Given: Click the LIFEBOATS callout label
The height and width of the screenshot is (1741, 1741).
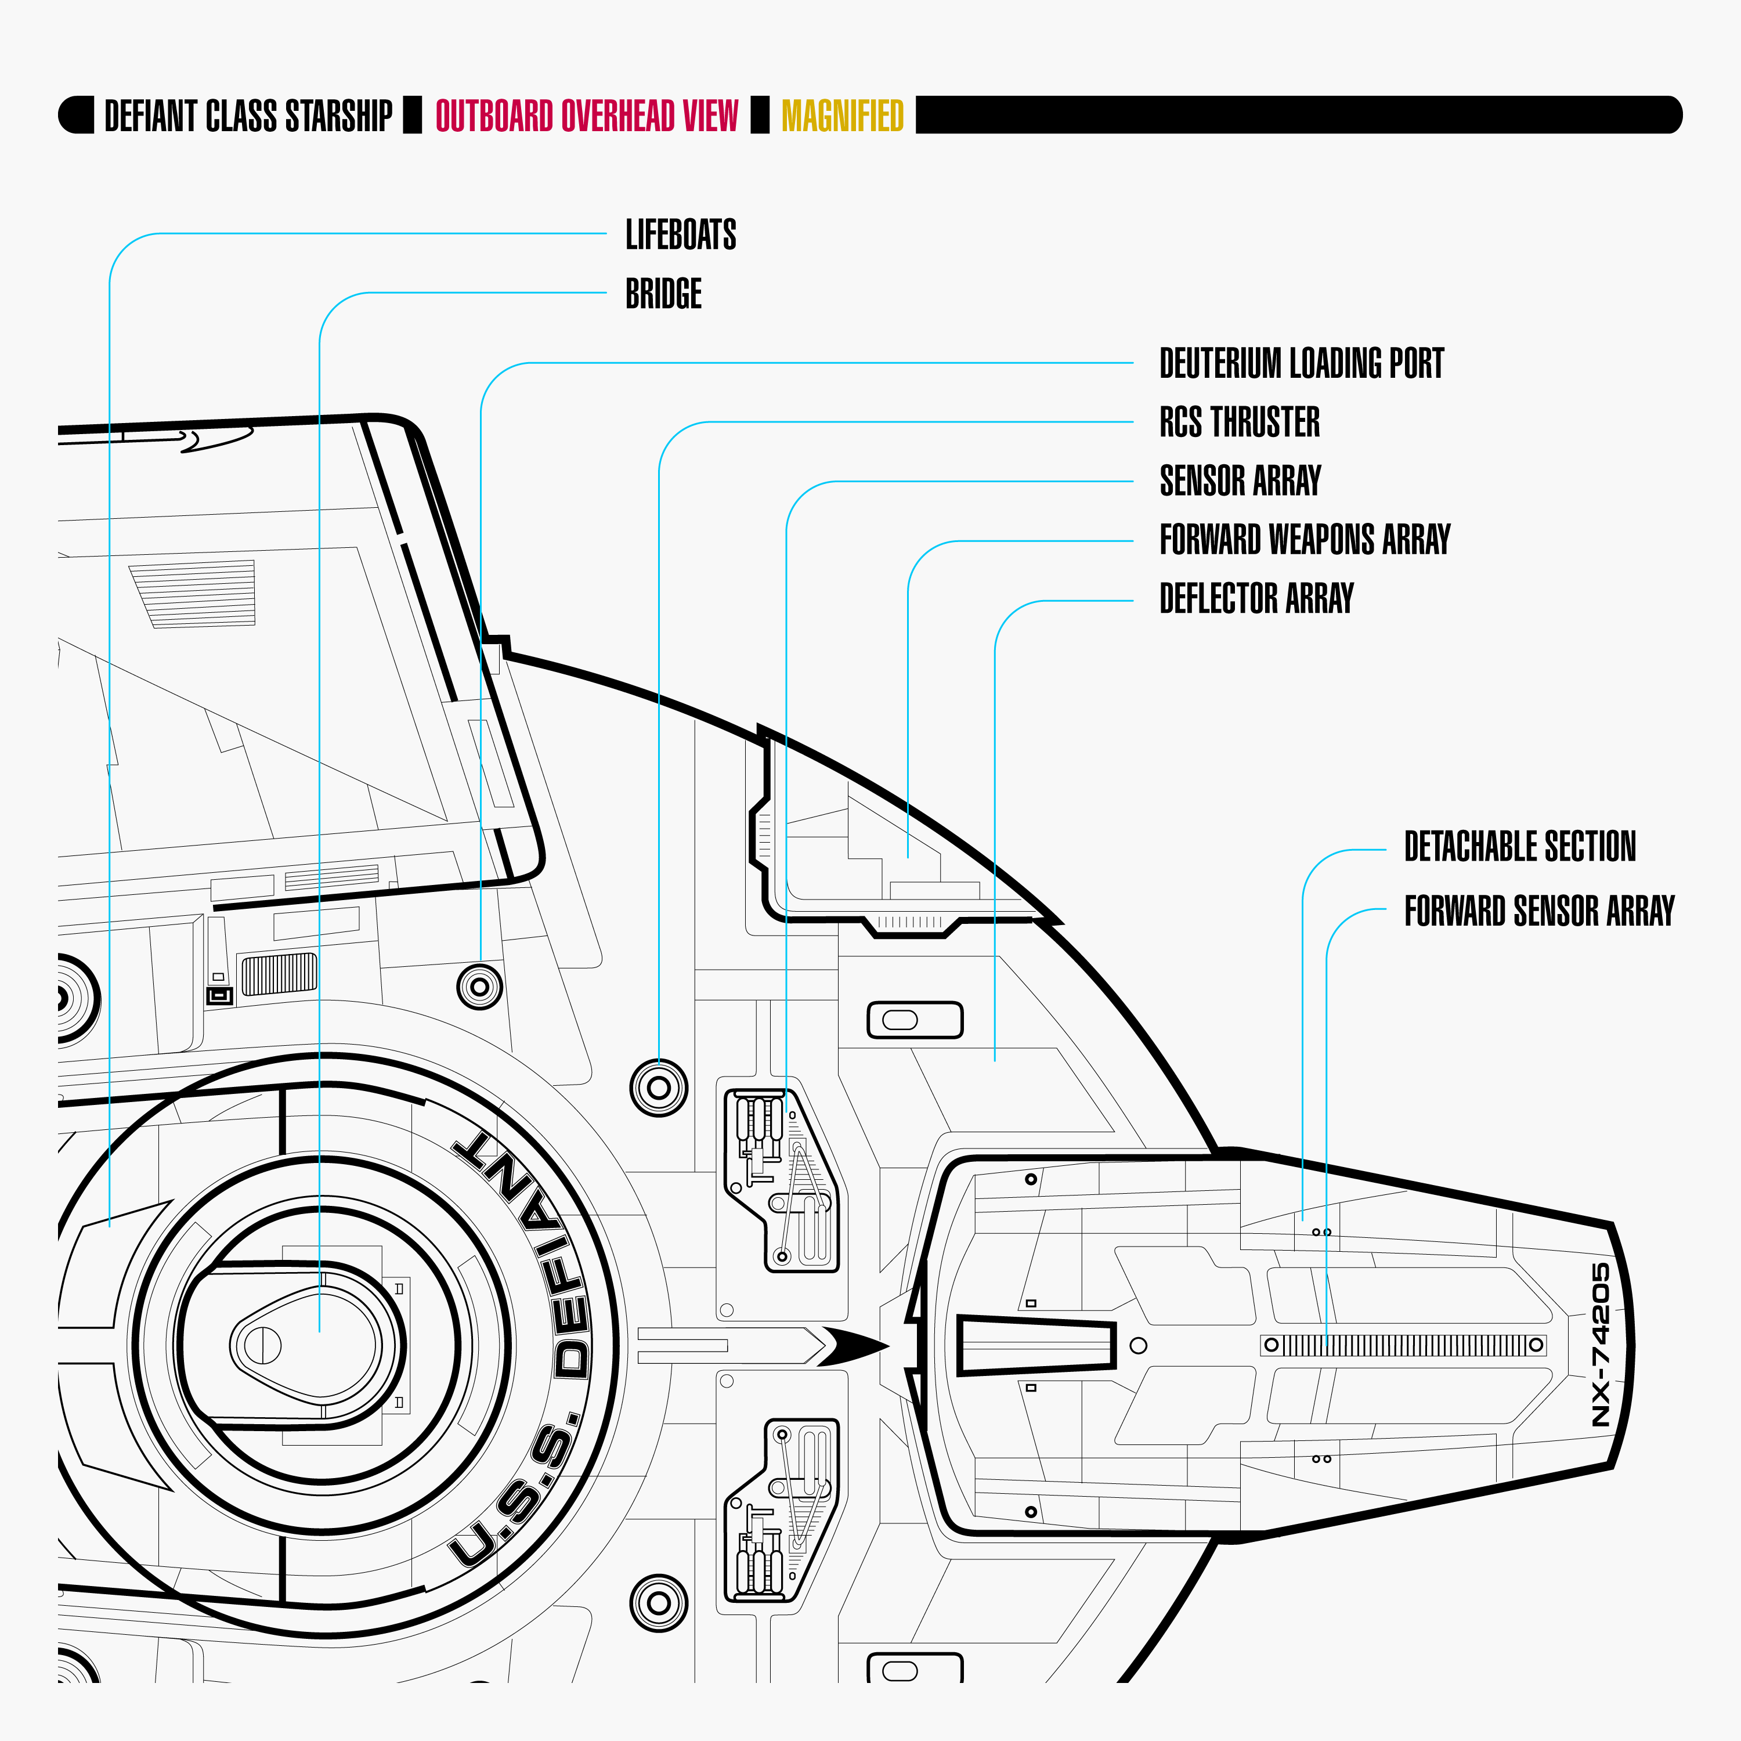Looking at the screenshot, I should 680,234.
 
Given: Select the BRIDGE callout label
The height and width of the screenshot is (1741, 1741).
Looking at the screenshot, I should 663,294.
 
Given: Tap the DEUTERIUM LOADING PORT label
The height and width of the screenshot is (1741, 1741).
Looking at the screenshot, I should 1301,363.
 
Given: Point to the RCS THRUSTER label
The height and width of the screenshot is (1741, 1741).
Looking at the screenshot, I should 1239,422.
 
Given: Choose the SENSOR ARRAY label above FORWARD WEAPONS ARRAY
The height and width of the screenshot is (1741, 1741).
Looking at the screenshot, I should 1240,481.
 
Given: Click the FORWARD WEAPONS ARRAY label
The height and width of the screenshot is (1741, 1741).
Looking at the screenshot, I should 1304,539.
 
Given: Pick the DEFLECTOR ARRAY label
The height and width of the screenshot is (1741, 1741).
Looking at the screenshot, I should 1256,598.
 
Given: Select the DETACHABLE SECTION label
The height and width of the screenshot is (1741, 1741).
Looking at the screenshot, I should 1519,846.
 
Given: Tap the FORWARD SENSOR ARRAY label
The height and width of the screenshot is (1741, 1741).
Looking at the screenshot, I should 1538,910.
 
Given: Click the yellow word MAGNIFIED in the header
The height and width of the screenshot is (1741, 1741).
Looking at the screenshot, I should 841,115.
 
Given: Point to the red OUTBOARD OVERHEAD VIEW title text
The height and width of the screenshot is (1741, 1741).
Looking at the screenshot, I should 587,115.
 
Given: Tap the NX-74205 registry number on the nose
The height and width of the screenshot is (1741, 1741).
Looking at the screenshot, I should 1601,1345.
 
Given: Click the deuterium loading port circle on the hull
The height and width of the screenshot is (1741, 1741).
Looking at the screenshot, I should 479,987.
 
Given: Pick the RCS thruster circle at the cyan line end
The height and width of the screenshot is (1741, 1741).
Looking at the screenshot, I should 659,1088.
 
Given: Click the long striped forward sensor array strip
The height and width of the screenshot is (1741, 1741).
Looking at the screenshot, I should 1403,1345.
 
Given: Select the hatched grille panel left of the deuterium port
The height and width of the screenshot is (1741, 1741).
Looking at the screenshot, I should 279,974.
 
